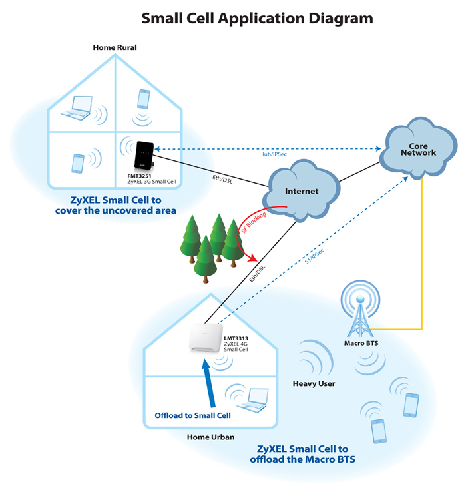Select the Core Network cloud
[417, 148]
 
